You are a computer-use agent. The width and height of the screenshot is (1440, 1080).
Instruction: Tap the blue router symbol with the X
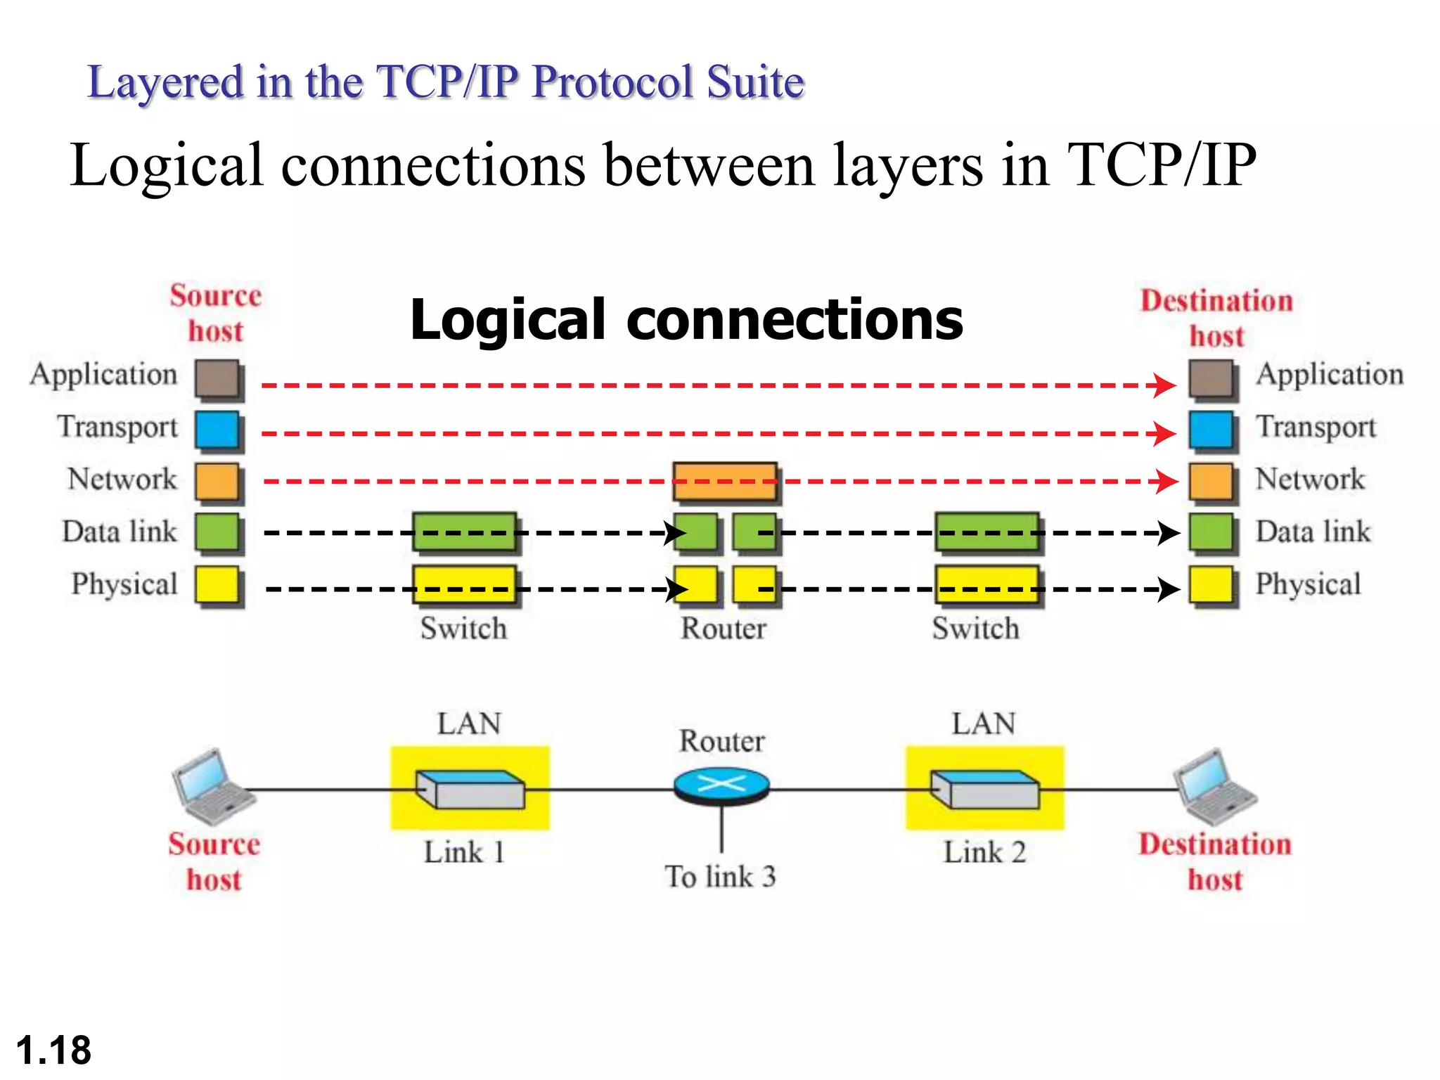click(721, 785)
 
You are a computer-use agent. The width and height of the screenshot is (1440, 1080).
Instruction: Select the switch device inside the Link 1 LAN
click(470, 789)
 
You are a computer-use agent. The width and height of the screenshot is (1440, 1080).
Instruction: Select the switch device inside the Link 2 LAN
click(984, 789)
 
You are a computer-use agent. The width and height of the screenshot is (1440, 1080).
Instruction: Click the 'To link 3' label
click(720, 877)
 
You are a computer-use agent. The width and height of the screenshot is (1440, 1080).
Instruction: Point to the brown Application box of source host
click(217, 378)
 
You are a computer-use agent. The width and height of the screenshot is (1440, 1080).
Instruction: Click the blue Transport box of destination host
click(1211, 430)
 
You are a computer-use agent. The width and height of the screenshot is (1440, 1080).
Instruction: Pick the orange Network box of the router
click(725, 481)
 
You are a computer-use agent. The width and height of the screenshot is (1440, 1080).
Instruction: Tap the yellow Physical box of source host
click(217, 585)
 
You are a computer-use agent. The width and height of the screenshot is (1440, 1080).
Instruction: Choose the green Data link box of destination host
click(1211, 532)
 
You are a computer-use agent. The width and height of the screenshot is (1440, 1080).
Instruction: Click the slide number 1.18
click(53, 1050)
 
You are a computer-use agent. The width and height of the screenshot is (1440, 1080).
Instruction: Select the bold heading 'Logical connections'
click(686, 319)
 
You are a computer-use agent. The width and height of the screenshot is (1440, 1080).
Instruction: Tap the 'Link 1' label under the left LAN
click(464, 852)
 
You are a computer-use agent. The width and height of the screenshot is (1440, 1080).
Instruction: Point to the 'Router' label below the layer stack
click(724, 629)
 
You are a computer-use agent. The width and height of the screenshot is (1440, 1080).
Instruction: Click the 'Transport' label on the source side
click(117, 427)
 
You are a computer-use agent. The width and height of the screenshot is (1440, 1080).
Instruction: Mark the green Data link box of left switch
click(464, 532)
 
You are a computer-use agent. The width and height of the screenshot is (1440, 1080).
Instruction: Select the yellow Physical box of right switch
click(986, 585)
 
